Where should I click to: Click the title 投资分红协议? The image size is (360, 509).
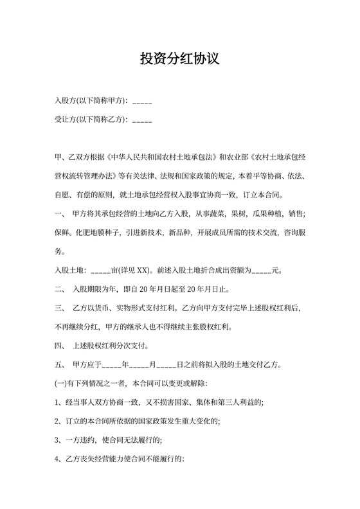tap(179, 59)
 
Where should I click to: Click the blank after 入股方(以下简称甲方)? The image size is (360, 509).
tap(142, 102)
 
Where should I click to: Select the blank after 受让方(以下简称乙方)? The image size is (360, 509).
tap(142, 119)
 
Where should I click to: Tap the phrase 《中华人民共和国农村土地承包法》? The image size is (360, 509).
tap(161, 157)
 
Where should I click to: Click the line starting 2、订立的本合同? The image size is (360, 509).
tap(138, 422)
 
